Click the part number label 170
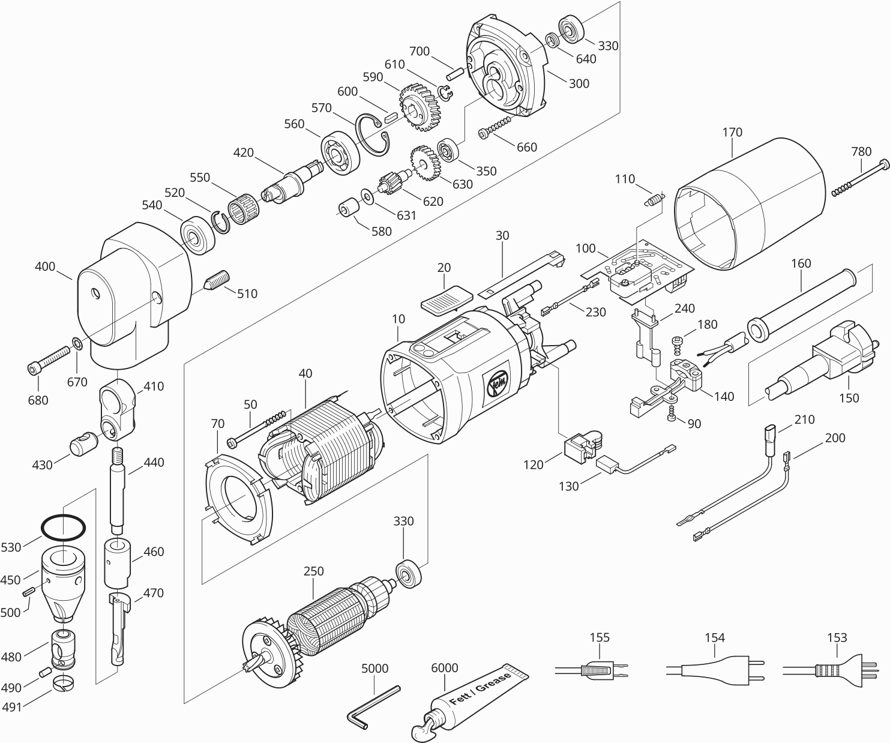point(732,132)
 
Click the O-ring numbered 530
point(63,528)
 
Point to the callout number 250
point(313,571)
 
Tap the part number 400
point(45,266)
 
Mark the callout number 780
point(861,151)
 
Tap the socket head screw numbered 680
point(47,360)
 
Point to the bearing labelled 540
point(197,236)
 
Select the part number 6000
point(445,668)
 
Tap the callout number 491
point(11,707)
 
